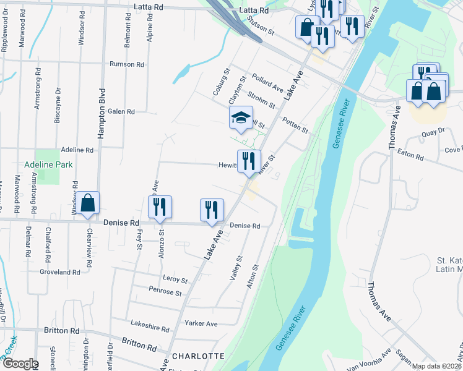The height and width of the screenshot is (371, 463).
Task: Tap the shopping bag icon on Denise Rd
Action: [x=88, y=203]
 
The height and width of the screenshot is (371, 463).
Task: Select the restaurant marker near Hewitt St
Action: [x=249, y=161]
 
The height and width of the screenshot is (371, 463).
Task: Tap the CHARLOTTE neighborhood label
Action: [x=197, y=356]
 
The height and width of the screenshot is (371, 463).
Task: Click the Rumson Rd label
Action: [x=126, y=64]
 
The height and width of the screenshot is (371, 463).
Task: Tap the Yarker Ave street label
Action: [x=201, y=323]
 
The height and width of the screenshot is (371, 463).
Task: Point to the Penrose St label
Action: [x=165, y=291]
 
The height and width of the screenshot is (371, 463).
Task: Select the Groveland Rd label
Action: [x=59, y=272]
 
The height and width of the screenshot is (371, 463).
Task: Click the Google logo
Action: [x=20, y=364]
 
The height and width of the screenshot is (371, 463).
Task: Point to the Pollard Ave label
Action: [x=267, y=85]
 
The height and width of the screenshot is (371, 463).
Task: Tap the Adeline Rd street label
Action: [x=77, y=150]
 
